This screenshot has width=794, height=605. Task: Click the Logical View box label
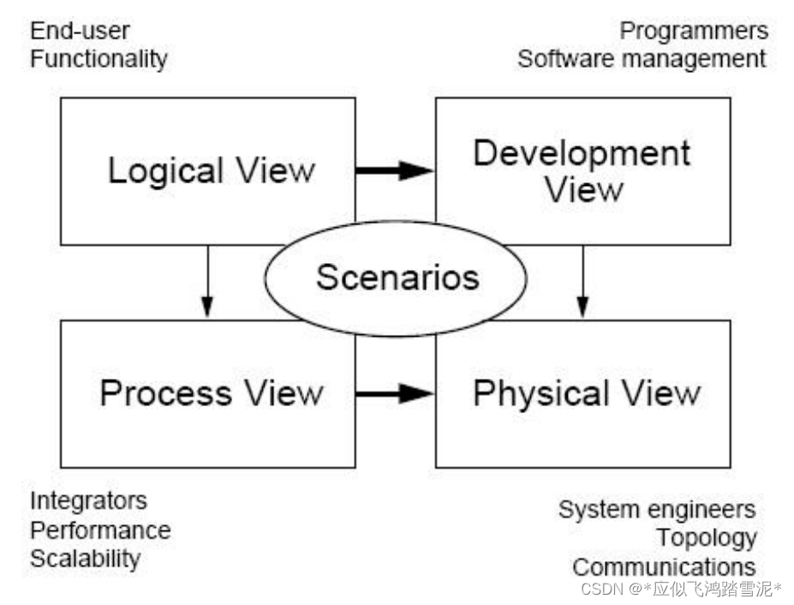pos(211,171)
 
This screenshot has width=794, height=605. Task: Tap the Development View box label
pos(582,171)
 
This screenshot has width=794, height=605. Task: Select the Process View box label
pos(211,393)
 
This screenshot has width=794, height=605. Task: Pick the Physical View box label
pos(586,393)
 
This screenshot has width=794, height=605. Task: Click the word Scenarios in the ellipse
pos(397,278)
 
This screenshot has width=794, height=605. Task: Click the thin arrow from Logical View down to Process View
pos(206,282)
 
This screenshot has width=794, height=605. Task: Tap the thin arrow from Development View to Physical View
pos(582,282)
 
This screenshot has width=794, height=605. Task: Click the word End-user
pos(80,32)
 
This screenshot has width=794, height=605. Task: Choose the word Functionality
pos(99,59)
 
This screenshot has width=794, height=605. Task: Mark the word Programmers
pos(694,32)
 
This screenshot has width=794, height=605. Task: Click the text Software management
pos(642,59)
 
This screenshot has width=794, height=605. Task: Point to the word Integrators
pos(88,500)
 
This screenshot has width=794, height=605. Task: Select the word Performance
pos(100,530)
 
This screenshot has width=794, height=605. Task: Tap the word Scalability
pos(85,559)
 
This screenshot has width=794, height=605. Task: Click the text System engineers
pos(657,510)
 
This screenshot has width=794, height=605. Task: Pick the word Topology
pos(707,538)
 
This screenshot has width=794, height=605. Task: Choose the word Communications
pos(664,567)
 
